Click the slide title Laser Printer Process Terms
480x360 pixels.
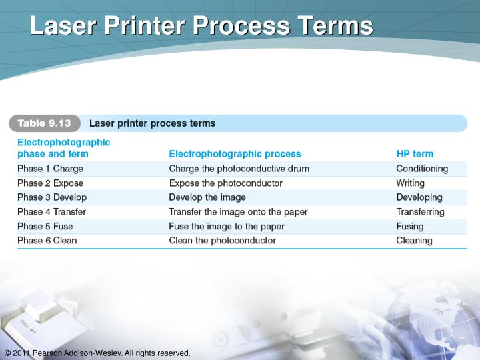click(201, 26)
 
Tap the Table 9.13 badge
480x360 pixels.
click(44, 123)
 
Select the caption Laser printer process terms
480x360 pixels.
click(152, 123)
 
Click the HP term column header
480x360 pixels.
click(415, 154)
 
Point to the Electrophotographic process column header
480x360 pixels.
click(235, 154)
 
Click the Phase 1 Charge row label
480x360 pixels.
click(50, 169)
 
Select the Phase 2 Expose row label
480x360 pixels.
click(51, 183)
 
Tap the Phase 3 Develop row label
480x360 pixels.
click(52, 197)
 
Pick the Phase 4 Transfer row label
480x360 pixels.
click(51, 212)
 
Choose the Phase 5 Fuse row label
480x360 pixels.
click(45, 226)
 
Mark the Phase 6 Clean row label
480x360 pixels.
click(47, 241)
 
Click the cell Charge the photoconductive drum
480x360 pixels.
click(239, 169)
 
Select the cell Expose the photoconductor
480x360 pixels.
click(226, 183)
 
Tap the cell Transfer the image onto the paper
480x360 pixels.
click(238, 212)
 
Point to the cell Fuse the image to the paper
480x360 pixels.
click(227, 226)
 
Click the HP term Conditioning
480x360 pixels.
click(422, 169)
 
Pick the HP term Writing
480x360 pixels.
click(410, 183)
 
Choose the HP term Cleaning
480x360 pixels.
click(414, 241)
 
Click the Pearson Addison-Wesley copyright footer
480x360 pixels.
click(97, 353)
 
